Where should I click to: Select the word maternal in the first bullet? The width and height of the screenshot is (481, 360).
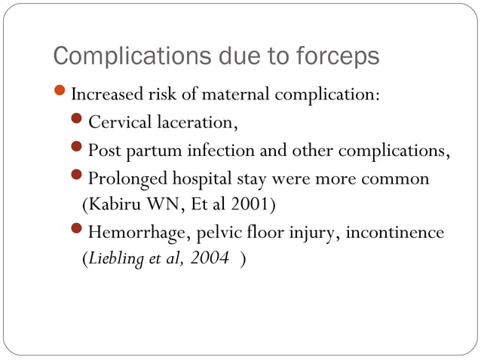[x=233, y=96]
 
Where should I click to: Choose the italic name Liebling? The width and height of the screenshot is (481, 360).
[x=114, y=258]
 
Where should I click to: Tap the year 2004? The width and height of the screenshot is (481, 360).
[x=211, y=258]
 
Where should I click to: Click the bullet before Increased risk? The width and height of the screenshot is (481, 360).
[x=62, y=95]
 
